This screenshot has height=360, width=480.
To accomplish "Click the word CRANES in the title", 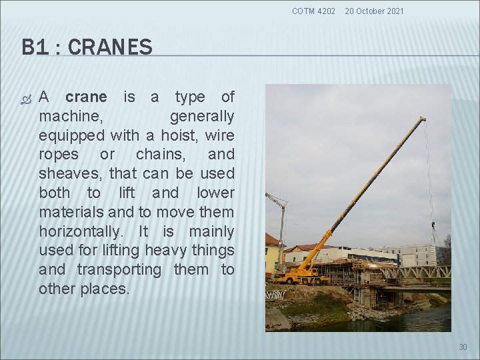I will (110, 47).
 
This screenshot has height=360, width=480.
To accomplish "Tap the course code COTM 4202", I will (314, 11).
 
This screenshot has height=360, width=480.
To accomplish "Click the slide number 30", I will (463, 347).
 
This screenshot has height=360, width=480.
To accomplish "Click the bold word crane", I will (86, 97).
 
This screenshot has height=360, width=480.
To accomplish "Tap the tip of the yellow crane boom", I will (423, 119).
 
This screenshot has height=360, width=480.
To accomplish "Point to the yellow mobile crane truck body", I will (300, 274).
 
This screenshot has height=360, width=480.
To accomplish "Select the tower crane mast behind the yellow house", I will (282, 227).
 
